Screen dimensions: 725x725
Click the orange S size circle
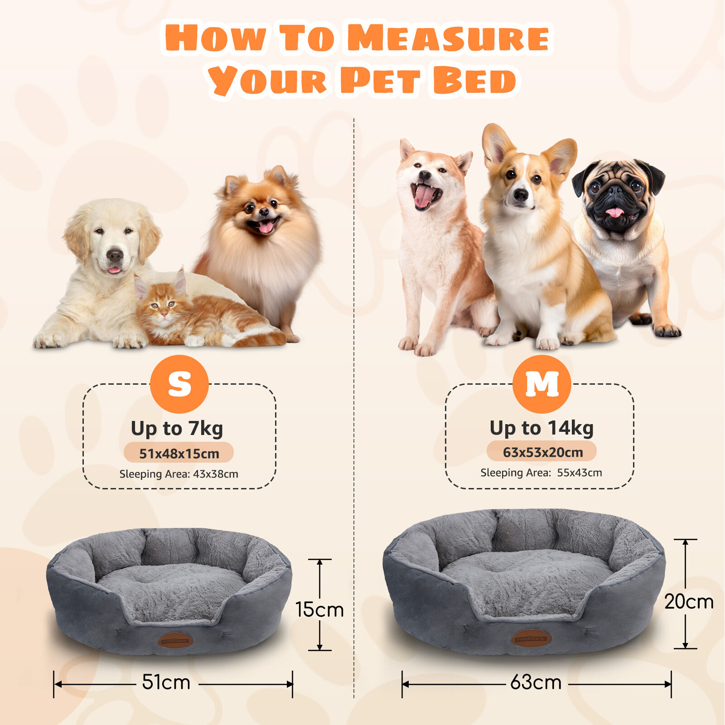pos(179,384)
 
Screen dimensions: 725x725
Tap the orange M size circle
pos(541,384)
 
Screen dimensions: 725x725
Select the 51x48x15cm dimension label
pos(179,453)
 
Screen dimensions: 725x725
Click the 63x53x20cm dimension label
pos(542,452)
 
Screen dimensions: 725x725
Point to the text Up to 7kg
pos(177,428)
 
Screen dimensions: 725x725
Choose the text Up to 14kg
pos(541,428)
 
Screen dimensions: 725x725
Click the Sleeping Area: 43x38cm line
pos(179,474)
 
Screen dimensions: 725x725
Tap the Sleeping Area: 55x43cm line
pos(541,473)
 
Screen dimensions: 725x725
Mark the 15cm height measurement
pos(319,609)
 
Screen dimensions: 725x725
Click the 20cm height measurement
pos(688,602)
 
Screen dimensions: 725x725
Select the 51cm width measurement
pos(166,682)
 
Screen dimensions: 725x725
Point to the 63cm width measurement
pos(536,682)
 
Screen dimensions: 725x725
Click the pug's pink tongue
pos(615,212)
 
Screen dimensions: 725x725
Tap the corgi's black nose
pos(521,195)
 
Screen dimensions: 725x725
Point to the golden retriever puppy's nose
pos(115,256)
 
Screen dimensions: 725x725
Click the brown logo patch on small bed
pos(175,640)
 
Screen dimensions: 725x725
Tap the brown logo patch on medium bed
pos(531,638)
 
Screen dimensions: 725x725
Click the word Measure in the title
pos(449,39)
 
